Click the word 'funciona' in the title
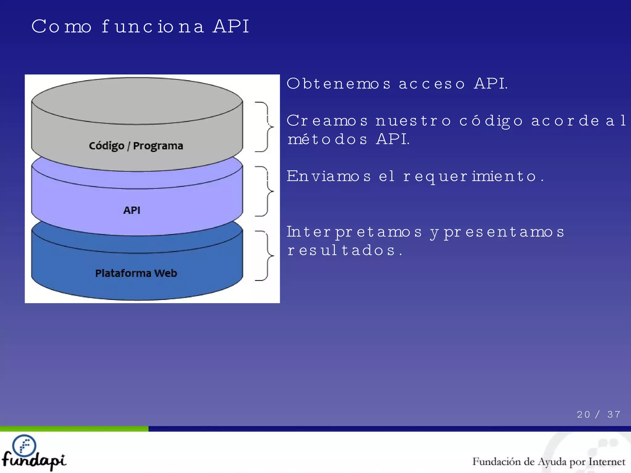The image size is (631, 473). (153, 26)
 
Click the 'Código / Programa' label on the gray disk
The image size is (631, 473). (136, 146)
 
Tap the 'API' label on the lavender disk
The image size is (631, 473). (132, 210)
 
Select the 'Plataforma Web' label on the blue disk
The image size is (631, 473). (136, 273)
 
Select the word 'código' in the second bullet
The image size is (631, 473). (491, 121)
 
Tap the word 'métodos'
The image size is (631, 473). (327, 139)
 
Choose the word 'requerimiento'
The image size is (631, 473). (470, 176)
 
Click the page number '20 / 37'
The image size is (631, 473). (598, 414)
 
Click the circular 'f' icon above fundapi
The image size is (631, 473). (24, 445)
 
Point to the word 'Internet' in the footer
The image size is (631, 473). (607, 462)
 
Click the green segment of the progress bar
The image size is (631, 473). (74, 429)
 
